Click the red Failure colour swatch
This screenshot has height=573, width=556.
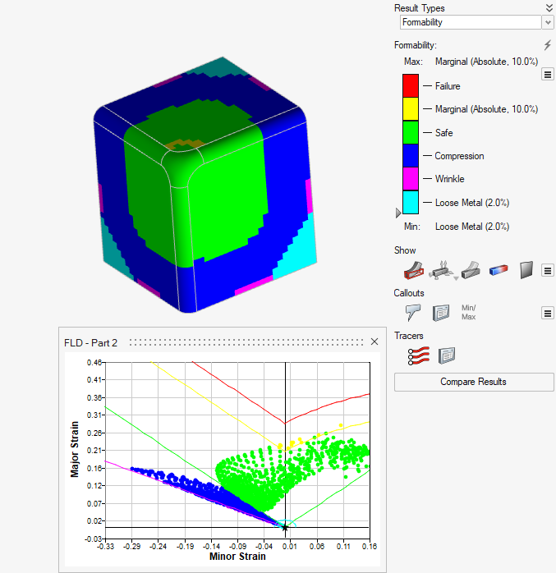point(411,85)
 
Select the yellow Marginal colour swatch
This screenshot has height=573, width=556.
point(411,108)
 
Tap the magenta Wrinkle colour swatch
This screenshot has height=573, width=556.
point(411,179)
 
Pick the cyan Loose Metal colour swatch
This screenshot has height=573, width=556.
point(411,202)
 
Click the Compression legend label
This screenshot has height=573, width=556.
point(459,156)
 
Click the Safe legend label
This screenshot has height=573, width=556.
point(443,133)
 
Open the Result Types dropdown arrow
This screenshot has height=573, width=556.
point(548,22)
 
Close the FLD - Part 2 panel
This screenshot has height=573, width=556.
point(374,342)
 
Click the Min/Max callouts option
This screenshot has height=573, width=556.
point(469,313)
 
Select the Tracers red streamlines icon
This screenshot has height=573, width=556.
point(419,355)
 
